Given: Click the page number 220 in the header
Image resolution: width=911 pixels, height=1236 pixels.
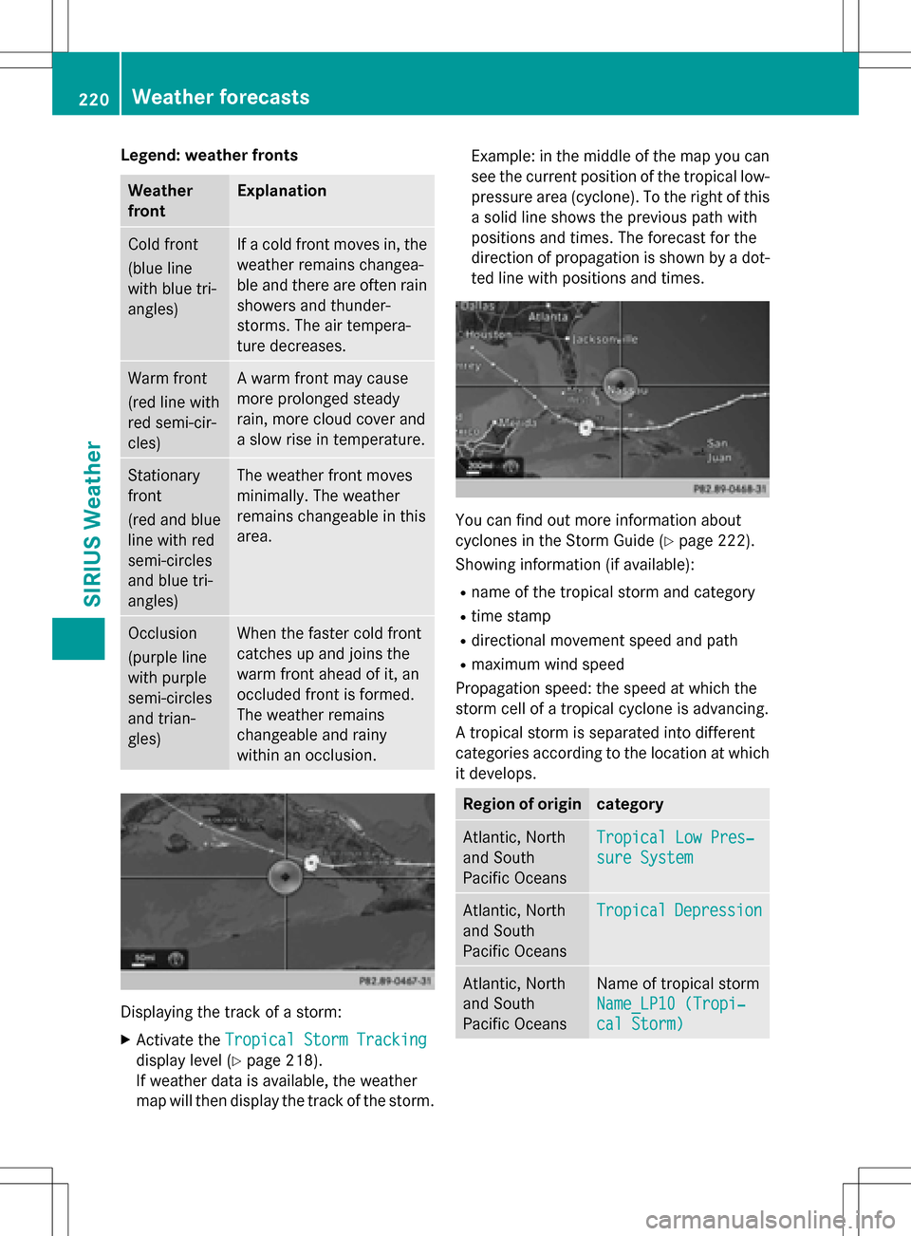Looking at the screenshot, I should point(94,99).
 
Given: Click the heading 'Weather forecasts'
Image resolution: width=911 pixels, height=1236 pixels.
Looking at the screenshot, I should point(220,97).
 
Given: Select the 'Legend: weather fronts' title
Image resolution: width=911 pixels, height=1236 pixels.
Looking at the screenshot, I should point(209,155).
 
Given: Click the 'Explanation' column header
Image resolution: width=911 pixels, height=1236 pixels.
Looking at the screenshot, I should point(282,191).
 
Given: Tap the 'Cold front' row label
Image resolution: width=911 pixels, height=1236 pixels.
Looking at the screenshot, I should point(163,244).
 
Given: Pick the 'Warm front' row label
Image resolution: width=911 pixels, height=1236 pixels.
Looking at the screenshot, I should point(167,378).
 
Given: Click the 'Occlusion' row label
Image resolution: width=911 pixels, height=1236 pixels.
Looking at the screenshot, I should point(162,633).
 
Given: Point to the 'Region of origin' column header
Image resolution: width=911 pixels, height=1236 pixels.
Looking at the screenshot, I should point(522,804).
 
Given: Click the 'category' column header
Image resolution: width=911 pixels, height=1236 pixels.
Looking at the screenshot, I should point(629,804).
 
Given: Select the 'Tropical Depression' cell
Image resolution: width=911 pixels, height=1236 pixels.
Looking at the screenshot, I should point(679,910).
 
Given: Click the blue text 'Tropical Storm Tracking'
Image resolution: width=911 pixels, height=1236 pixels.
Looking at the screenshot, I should point(325,1039).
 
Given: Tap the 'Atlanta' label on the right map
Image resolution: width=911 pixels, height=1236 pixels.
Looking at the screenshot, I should point(548,317).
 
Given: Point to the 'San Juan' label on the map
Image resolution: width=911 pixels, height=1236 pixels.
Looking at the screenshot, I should point(718,450).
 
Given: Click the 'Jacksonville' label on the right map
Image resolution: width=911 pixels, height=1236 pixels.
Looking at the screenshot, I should point(605,339).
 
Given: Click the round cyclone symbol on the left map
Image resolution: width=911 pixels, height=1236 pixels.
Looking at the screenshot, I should point(285,875).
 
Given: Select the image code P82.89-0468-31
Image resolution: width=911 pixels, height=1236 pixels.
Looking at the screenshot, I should point(729,489).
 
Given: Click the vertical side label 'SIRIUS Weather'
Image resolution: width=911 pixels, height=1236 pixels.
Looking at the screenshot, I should point(92,523).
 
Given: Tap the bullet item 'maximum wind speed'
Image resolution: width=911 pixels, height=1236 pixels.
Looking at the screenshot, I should point(548,665).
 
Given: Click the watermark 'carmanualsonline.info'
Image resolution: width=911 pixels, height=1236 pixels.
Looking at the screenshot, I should point(770,1219).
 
